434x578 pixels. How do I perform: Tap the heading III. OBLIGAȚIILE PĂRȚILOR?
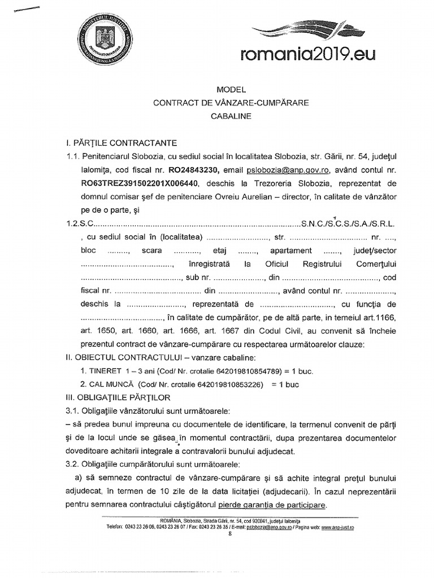click(x=119, y=397)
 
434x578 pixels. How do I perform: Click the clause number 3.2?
click(x=74, y=465)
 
